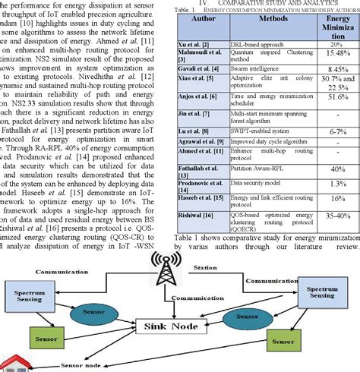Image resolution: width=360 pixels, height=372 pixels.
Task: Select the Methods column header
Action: (x=267, y=26)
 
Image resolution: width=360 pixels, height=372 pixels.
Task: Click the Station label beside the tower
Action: (x=206, y=267)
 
